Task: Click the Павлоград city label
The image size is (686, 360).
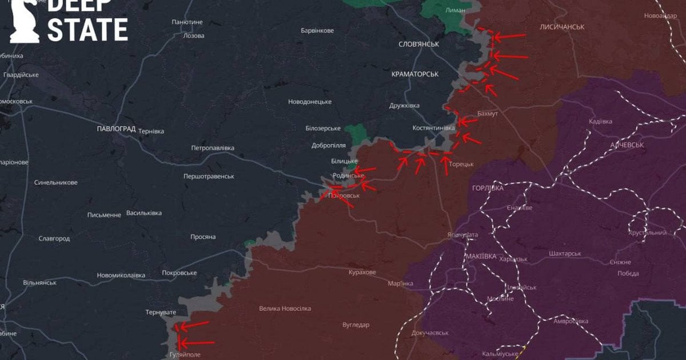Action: [116, 129]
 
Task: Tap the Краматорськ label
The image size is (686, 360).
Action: [415, 74]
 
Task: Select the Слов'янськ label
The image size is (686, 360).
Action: [418, 44]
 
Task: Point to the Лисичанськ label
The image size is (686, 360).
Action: [562, 27]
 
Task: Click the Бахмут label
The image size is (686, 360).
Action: [487, 114]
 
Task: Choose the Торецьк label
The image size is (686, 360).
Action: [461, 164]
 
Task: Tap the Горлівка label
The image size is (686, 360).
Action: [488, 188]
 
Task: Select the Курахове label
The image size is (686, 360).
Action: [362, 272]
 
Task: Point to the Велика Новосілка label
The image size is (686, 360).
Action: [285, 309]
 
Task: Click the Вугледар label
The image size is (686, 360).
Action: [356, 325]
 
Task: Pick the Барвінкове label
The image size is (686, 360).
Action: [317, 30]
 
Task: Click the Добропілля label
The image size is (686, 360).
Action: [329, 145]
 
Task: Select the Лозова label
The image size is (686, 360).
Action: [193, 35]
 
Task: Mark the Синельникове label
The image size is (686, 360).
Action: [55, 182]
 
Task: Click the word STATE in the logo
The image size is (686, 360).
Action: [87, 30]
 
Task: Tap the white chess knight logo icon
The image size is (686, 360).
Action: [25, 22]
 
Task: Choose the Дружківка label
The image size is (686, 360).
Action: [404, 106]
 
